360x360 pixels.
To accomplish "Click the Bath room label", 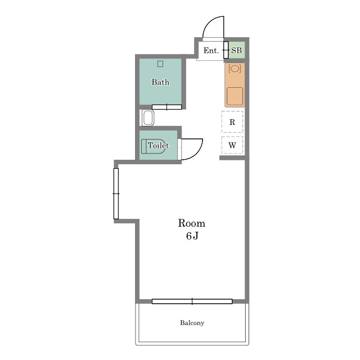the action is [160, 82].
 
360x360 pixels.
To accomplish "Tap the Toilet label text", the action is [159, 145].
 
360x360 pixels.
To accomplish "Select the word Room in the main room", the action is [191, 223].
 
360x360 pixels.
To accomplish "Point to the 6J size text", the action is [192, 236].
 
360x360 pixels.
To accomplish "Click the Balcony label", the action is [192, 323].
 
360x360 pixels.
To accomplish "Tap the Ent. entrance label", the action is [211, 51].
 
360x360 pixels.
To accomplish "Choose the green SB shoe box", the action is [236, 50].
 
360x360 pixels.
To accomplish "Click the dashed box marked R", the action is [232, 122].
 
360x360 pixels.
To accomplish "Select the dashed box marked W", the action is [232, 145].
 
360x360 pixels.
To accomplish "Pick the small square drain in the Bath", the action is [160, 64].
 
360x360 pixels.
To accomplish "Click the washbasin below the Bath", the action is [148, 118].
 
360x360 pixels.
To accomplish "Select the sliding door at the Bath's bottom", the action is [166, 107].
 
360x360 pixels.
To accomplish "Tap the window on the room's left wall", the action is [116, 193].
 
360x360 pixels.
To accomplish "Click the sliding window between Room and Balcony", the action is [192, 301].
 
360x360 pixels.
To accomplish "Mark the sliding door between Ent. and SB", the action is [226, 50].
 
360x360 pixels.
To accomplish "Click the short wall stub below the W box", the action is [232, 157].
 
